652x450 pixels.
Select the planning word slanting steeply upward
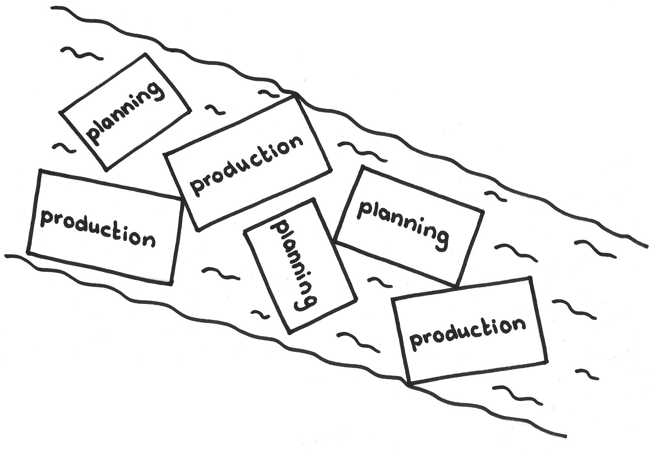pyautogui.click(x=124, y=114)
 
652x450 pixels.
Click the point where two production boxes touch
pyautogui.click(x=181, y=198)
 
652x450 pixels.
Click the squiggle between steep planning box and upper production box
pyautogui.click(x=215, y=110)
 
